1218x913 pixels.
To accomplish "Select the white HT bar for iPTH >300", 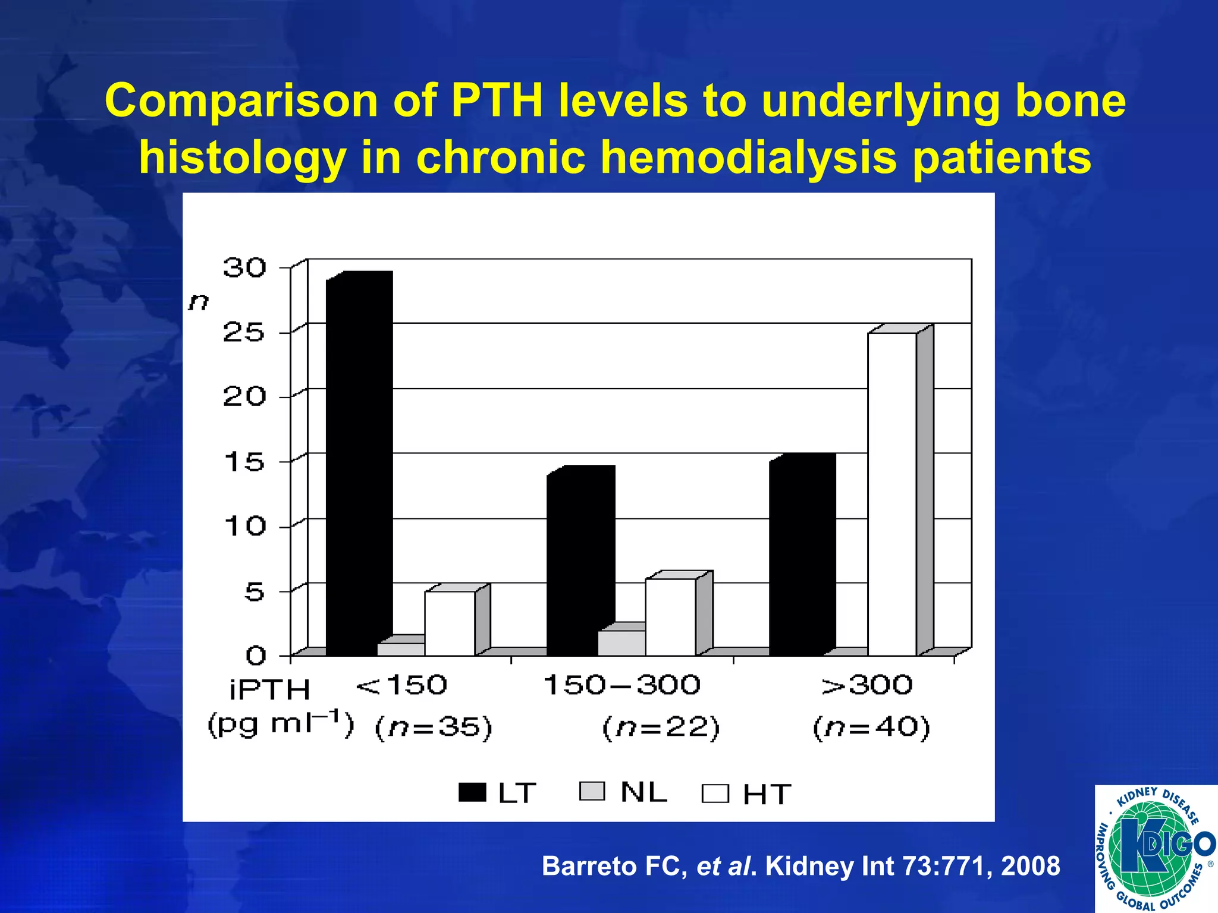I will point(892,493).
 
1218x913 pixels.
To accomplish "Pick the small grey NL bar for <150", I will point(401,649).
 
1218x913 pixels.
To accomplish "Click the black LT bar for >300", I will point(802,556).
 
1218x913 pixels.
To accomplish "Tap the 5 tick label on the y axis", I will point(254,591).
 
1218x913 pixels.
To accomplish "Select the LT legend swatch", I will point(472,792).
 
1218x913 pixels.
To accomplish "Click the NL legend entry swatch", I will point(592,791).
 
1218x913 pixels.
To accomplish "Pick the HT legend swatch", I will point(715,794).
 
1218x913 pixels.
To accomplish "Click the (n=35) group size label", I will point(434,728).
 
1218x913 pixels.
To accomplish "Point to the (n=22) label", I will point(661,728).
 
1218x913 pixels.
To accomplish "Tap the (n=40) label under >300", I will point(871,728).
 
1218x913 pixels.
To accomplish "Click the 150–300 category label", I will point(622,685).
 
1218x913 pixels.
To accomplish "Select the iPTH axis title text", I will point(270,690).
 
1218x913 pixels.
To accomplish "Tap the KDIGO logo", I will point(1156,849).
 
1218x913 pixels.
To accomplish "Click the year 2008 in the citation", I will point(1030,866).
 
